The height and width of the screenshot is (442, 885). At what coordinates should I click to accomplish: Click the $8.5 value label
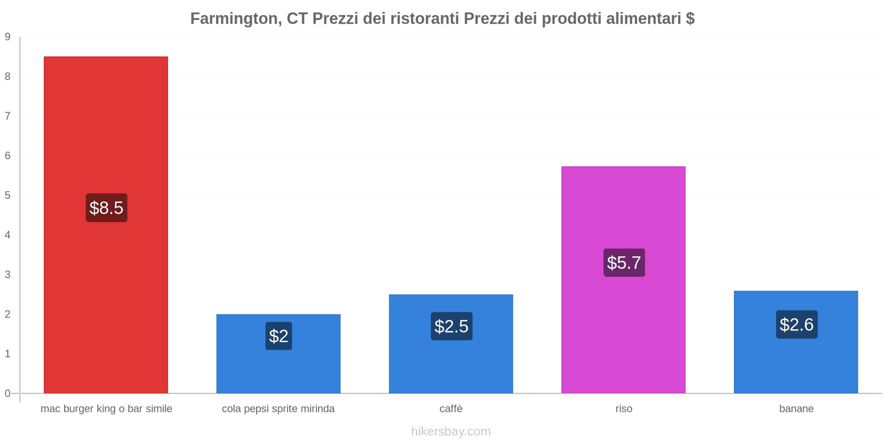(106, 208)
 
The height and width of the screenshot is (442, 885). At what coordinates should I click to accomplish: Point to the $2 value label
(279, 336)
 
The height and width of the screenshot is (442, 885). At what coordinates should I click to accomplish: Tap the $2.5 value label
(451, 327)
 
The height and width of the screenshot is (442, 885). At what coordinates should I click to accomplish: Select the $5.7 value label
(624, 262)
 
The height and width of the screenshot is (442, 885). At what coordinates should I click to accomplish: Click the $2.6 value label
(796, 324)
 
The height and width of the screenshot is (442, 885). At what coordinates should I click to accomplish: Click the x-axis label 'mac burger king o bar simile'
(106, 409)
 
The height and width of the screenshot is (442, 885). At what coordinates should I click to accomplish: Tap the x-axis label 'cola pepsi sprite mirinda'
(278, 409)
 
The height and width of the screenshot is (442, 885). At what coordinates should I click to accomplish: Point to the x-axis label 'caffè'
(451, 409)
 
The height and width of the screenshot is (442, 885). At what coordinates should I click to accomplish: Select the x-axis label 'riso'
(624, 409)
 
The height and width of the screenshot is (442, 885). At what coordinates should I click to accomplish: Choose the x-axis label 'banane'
(796, 409)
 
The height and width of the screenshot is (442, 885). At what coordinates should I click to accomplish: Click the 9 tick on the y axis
(8, 37)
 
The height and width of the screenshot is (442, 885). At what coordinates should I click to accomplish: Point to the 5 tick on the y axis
(8, 196)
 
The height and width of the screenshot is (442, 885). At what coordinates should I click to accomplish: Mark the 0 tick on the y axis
(8, 393)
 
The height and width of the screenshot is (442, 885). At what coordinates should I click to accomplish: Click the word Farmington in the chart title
(235, 19)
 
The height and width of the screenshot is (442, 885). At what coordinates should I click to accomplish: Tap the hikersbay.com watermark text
(451, 432)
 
